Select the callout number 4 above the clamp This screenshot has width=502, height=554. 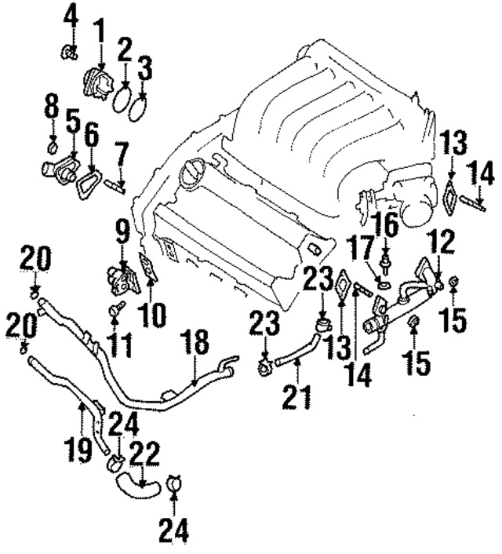(70, 15)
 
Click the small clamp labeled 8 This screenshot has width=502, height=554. (52, 146)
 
